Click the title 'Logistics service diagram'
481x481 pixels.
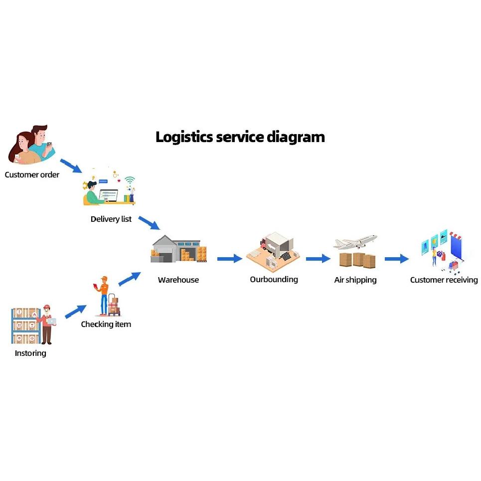240,137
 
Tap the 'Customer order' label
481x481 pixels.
32,174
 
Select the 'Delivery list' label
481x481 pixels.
111,219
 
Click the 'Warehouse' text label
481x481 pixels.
178,280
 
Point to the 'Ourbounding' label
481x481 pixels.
274,280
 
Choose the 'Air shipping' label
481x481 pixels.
355,280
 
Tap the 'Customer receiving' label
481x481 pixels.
444,280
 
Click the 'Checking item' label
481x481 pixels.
106,324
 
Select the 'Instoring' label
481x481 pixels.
30,353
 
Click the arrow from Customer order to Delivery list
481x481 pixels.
71,166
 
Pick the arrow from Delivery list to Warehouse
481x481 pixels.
149,223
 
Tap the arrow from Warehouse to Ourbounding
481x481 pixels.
230,259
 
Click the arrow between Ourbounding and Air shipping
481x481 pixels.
318,259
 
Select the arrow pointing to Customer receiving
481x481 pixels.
397,259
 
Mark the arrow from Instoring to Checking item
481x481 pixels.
76,312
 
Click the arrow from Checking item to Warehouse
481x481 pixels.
130,279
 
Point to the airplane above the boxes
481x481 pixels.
355,242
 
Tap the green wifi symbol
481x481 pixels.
130,180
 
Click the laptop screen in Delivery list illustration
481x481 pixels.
108,195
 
